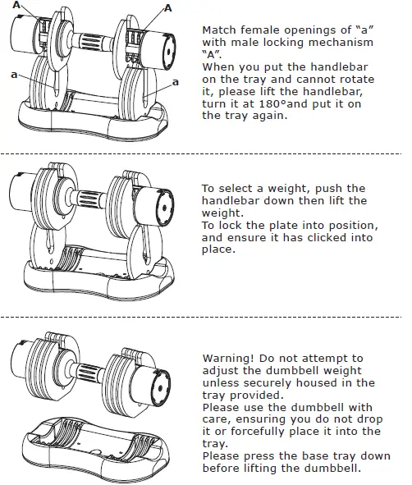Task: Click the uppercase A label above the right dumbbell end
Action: (167, 7)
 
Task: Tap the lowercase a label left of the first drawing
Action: (14, 75)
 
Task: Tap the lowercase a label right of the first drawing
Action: (176, 83)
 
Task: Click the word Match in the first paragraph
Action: (220, 30)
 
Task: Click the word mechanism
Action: (345, 43)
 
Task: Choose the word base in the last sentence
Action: (309, 456)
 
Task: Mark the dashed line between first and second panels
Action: (205, 153)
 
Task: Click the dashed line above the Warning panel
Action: (205, 317)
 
